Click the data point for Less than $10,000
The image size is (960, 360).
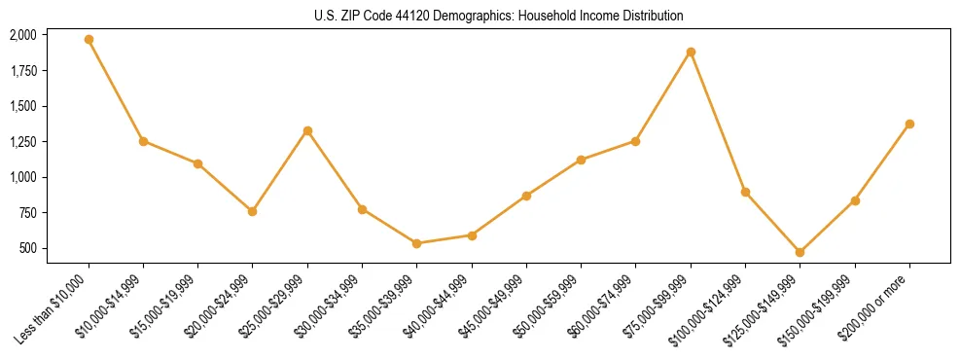click(x=89, y=40)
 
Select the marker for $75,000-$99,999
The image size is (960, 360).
click(x=691, y=52)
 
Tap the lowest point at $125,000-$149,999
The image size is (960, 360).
click(x=800, y=252)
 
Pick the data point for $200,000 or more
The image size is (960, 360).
click(x=909, y=124)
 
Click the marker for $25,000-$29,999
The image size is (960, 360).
click(x=307, y=130)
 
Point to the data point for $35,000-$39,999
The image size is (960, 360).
click(x=416, y=243)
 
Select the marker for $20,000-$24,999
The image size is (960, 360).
click(x=252, y=211)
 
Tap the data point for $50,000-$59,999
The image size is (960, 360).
click(x=581, y=160)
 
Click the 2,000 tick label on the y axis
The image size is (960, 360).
click(x=22, y=35)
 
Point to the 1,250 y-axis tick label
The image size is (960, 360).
click(x=22, y=142)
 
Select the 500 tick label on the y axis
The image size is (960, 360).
click(x=27, y=248)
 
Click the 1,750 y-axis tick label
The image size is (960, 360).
click(x=22, y=71)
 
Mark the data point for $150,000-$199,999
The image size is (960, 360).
click(x=855, y=200)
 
